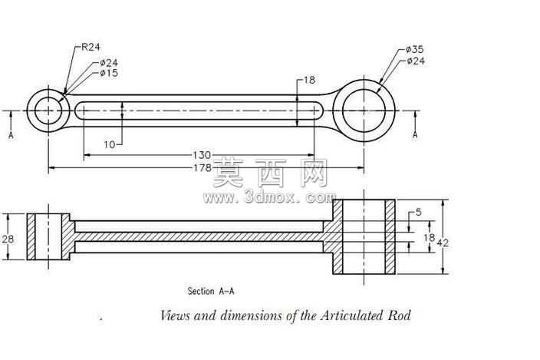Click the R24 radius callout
[x=91, y=47]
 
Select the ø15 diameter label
[x=109, y=73]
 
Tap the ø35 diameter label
[x=415, y=49]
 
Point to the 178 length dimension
[x=202, y=168]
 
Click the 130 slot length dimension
[x=202, y=155]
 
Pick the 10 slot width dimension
[x=110, y=144]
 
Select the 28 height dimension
[x=8, y=239]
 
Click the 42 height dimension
[x=443, y=243]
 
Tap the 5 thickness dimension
[x=419, y=212]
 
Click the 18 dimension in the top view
[x=309, y=80]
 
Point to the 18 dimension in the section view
[x=429, y=237]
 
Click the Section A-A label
[x=211, y=291]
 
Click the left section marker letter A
[x=11, y=135]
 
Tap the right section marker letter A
[x=415, y=134]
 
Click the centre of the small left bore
[x=48, y=111]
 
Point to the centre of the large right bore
[x=364, y=111]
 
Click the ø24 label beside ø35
[x=416, y=61]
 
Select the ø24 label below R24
[x=109, y=63]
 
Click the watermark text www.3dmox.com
[x=269, y=197]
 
